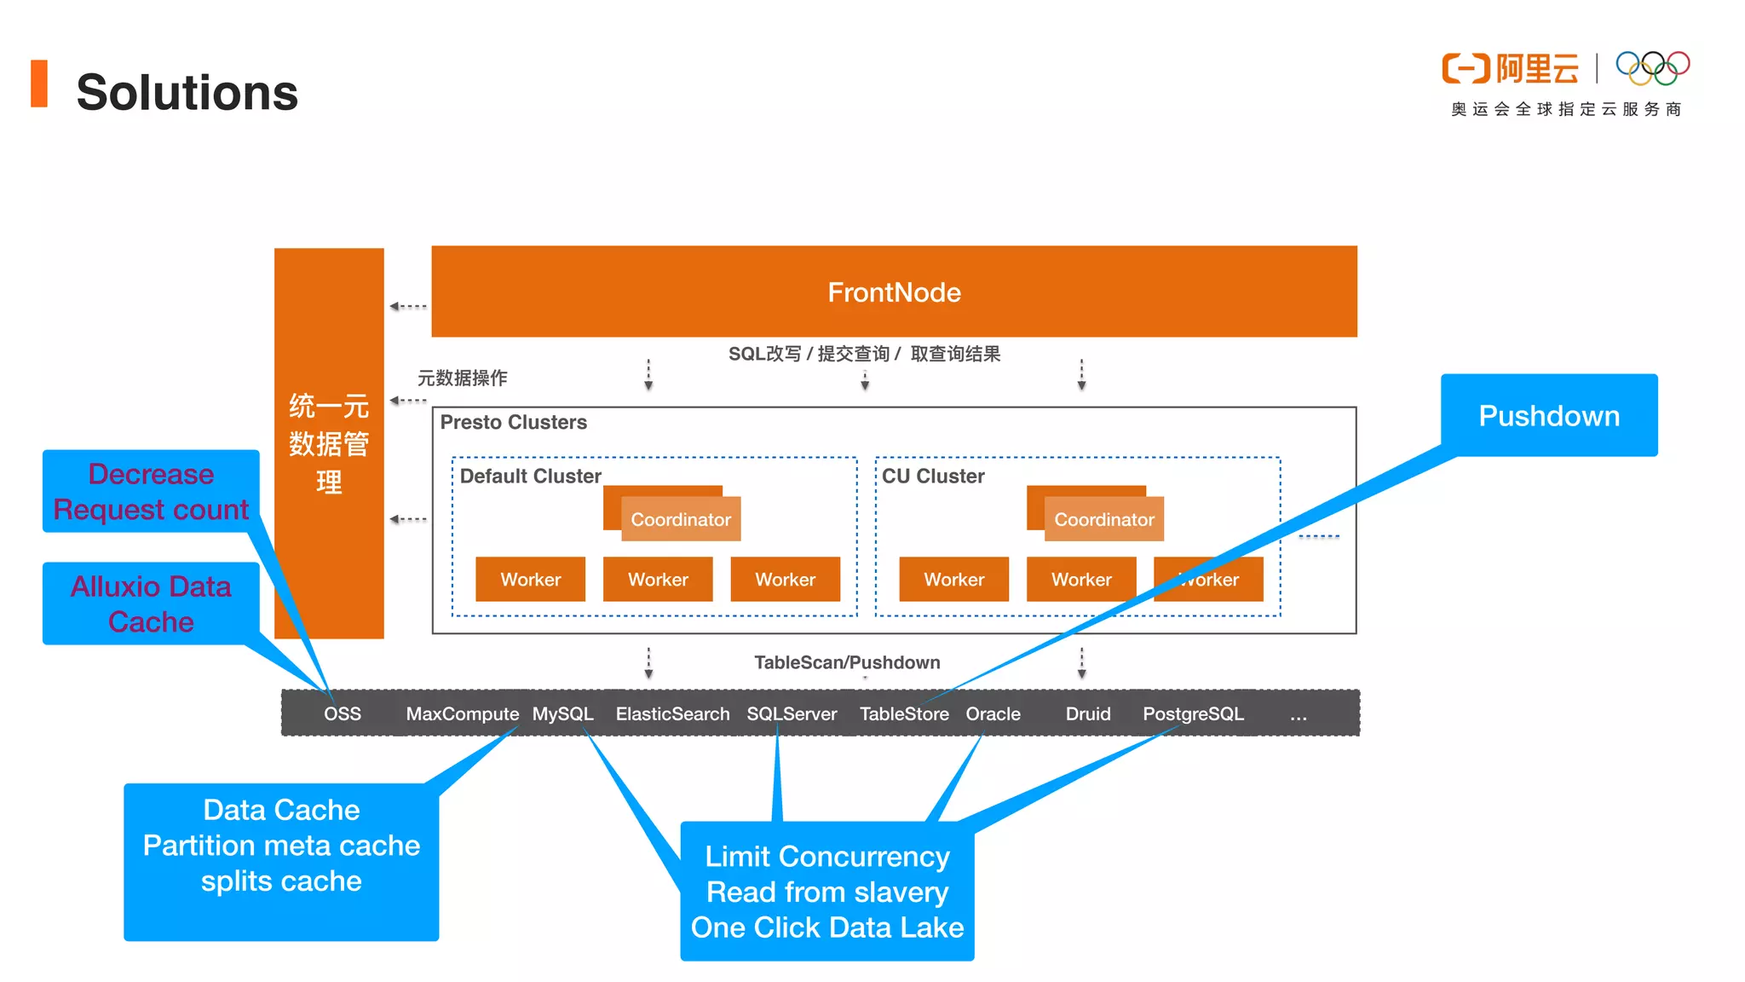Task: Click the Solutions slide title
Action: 187,92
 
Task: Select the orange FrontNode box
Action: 894,292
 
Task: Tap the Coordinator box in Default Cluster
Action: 681,519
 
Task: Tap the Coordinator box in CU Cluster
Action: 1104,519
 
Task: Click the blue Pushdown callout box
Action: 1548,416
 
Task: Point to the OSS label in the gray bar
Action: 343,714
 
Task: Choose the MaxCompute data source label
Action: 462,714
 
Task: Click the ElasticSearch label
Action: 672,714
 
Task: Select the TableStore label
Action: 904,714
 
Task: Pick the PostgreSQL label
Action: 1193,714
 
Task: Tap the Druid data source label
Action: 1088,714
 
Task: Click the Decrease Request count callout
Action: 151,491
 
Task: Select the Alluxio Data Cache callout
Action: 151,604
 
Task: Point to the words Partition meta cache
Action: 281,846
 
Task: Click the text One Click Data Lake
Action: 826,927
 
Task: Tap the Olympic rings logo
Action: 1652,68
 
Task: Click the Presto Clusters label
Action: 513,423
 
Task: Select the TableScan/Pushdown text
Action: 847,662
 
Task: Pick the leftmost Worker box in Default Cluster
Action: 530,580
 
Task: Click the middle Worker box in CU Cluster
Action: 1081,580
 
